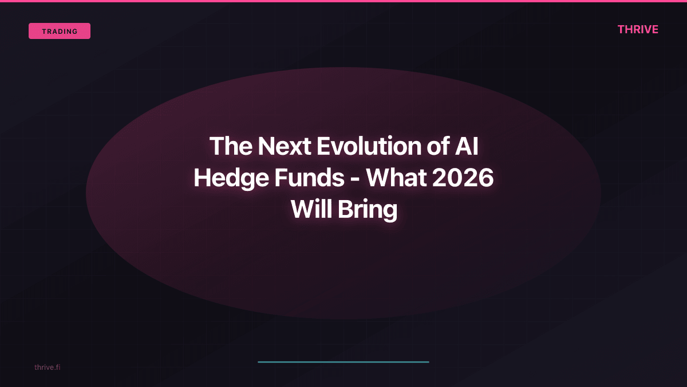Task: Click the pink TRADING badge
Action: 60,31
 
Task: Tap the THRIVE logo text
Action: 638,30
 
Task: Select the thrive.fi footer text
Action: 47,367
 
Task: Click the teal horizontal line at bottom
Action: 343,362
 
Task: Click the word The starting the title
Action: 231,147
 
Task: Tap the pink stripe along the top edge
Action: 343,1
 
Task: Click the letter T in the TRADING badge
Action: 44,32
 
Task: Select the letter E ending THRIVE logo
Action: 654,30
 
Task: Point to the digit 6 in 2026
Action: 485,178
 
